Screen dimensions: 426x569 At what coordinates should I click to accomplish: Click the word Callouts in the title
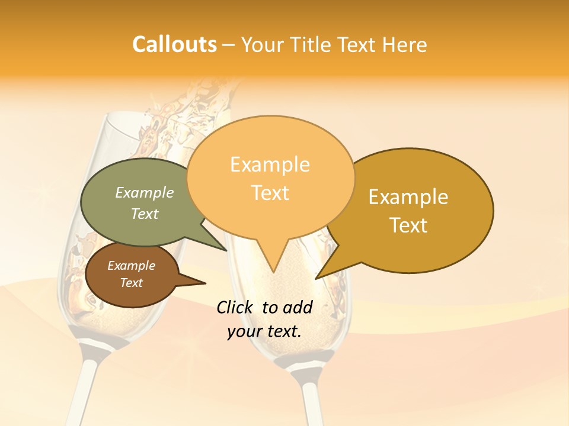click(x=174, y=44)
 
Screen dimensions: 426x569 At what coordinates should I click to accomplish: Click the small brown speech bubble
click(x=127, y=275)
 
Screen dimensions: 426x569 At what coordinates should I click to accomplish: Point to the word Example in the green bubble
click(x=145, y=192)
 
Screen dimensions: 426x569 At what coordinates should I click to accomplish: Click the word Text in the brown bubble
click(x=132, y=283)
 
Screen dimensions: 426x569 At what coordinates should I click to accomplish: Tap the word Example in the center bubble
click(x=270, y=164)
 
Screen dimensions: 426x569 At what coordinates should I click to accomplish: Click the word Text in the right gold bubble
click(x=409, y=225)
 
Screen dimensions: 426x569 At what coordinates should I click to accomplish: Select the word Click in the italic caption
click(x=235, y=307)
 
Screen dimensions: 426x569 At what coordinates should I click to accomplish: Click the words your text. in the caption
click(x=264, y=331)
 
